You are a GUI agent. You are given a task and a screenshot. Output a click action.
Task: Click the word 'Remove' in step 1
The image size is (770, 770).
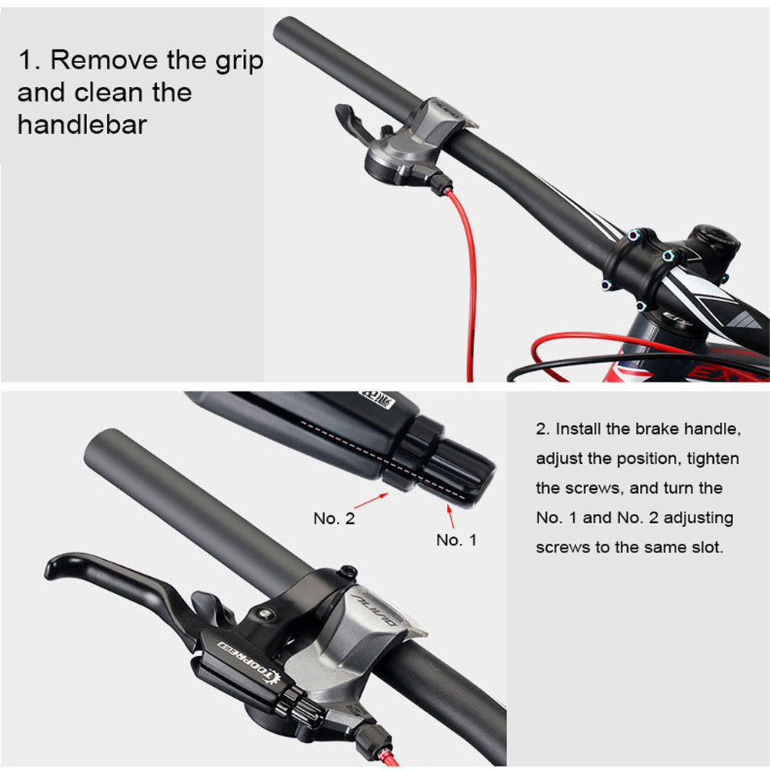pyautogui.click(x=104, y=60)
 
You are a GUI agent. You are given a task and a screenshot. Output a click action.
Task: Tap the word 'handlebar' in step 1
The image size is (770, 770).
pyautogui.click(x=82, y=125)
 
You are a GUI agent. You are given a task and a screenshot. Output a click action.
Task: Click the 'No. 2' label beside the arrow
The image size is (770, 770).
pyautogui.click(x=334, y=518)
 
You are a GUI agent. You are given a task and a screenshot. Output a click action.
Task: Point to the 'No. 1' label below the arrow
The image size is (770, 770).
pyautogui.click(x=456, y=540)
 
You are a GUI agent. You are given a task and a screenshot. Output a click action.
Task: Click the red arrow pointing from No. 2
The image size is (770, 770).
pyautogui.click(x=371, y=501)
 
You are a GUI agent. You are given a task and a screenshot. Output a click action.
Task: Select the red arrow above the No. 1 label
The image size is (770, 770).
pyautogui.click(x=450, y=515)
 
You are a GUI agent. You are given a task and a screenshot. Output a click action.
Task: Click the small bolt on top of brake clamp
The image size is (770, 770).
pyautogui.click(x=348, y=572)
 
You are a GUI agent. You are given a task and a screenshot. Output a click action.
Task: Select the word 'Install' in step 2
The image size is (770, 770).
pyautogui.click(x=578, y=428)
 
